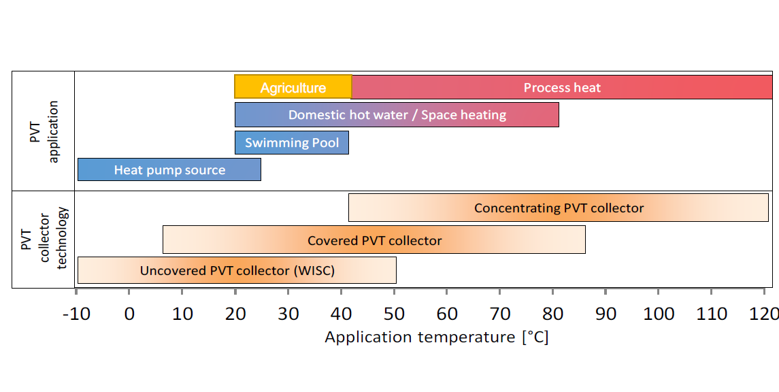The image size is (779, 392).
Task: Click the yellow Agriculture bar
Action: point(293,86)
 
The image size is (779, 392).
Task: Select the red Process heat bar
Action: point(562,87)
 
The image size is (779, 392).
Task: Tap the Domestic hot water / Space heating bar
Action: point(397,115)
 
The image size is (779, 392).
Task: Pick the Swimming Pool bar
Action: point(292,143)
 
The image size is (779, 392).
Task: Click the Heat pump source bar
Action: point(169,169)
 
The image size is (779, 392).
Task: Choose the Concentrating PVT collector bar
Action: point(559,208)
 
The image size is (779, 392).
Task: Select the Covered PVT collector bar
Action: point(374,240)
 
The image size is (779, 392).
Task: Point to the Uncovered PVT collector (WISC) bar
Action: point(237,270)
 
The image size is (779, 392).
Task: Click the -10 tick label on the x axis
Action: point(77,314)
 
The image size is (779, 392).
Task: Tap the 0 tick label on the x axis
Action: point(129,314)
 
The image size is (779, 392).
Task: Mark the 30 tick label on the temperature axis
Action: point(288,314)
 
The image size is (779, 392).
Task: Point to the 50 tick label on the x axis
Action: point(394,314)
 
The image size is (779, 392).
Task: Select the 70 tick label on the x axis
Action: point(500,314)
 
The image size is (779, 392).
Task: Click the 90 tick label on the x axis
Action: point(606,314)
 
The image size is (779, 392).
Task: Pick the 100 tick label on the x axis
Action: point(659,314)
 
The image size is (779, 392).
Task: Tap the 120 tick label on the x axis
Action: point(763,314)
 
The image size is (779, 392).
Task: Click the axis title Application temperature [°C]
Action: point(437,338)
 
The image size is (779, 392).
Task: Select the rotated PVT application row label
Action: point(44,131)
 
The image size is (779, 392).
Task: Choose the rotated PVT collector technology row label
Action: point(44,238)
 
